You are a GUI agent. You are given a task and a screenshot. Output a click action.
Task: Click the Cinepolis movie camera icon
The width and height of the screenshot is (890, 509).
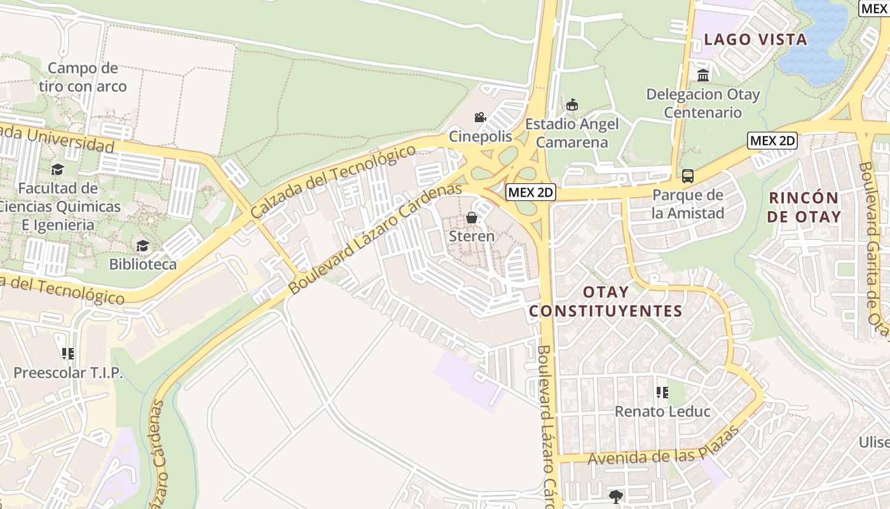[480, 117]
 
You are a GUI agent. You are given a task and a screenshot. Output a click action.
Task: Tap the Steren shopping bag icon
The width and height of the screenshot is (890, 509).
[472, 218]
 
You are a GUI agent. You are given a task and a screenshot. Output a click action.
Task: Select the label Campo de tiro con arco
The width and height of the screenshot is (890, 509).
[83, 77]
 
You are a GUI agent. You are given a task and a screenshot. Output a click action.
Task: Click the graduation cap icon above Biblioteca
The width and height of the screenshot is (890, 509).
[143, 246]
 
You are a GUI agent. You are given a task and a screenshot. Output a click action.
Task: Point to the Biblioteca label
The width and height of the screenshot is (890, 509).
[143, 263]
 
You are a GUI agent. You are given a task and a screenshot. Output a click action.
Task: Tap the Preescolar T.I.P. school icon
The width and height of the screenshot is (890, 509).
[68, 354]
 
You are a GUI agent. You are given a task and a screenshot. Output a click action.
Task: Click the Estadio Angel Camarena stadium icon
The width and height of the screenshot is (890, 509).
[572, 104]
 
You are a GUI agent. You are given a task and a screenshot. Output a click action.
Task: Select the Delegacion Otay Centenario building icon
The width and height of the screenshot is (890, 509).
[703, 75]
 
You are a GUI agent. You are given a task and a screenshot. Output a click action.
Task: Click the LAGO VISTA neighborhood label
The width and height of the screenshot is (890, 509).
[755, 39]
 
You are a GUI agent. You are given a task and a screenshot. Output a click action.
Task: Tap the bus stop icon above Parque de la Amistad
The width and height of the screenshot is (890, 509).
[688, 176]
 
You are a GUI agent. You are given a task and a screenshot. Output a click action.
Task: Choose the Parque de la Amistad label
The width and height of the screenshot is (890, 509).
[688, 204]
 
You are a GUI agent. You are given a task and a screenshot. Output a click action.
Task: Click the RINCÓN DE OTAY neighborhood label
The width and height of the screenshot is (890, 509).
[804, 207]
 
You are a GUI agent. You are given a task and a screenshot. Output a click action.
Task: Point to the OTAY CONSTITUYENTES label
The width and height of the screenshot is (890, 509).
[605, 302]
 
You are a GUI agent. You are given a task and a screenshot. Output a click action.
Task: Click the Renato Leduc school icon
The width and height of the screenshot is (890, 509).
[662, 393]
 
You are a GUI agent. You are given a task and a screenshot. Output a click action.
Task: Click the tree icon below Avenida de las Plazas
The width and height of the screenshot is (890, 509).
[615, 496]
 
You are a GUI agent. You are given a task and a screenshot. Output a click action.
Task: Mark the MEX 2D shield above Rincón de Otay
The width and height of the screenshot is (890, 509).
[772, 141]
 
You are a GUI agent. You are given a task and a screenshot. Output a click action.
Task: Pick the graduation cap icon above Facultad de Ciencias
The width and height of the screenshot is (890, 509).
[58, 169]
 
